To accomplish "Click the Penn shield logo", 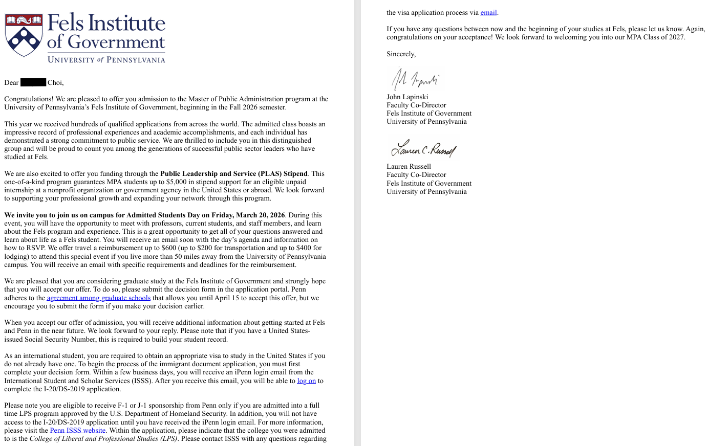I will pos(24,35).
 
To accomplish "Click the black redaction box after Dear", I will pos(33,82).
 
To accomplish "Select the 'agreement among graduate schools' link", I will pos(99,298).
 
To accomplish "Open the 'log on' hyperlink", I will pos(306,381).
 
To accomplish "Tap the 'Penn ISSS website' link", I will pos(77,430).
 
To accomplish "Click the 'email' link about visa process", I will pos(488,12).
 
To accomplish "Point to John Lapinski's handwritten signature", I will pos(415,79).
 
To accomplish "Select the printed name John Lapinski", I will pos(407,97).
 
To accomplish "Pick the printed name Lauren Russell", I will pos(409,166).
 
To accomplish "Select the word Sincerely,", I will pos(401,54).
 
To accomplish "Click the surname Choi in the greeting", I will pos(55,82).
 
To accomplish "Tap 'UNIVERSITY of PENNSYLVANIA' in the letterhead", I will pos(106,60).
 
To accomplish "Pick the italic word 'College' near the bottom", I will pos(41,438).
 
